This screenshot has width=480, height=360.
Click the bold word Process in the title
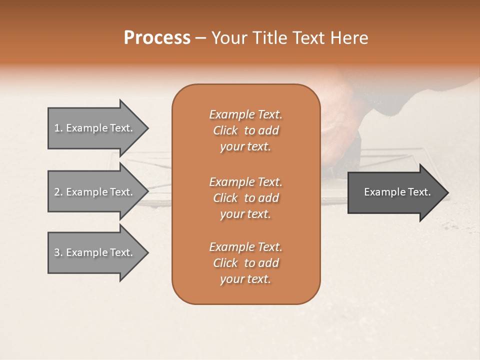click(157, 38)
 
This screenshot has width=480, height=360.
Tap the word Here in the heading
click(349, 38)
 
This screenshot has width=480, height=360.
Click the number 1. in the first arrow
click(58, 128)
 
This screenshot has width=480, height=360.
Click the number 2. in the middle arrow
click(58, 192)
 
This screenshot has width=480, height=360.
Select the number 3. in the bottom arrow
click(58, 252)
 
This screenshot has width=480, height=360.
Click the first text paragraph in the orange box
click(245, 130)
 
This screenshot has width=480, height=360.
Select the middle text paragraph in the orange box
click(245, 198)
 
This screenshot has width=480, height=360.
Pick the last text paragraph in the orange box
click(245, 263)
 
